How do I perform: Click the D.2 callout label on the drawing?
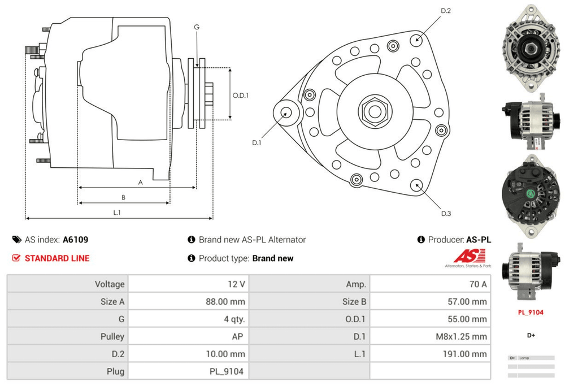(x=445, y=11)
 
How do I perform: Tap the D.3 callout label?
(x=446, y=214)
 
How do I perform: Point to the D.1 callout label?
(x=257, y=142)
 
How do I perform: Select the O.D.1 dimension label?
(x=241, y=95)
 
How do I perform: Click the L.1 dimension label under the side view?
(x=117, y=212)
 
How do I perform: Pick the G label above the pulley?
(x=197, y=27)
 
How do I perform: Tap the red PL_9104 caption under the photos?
(x=531, y=312)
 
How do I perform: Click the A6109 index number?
(x=75, y=240)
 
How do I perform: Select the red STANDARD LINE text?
(x=56, y=258)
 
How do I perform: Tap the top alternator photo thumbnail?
(x=530, y=49)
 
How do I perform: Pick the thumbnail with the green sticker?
(x=530, y=194)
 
